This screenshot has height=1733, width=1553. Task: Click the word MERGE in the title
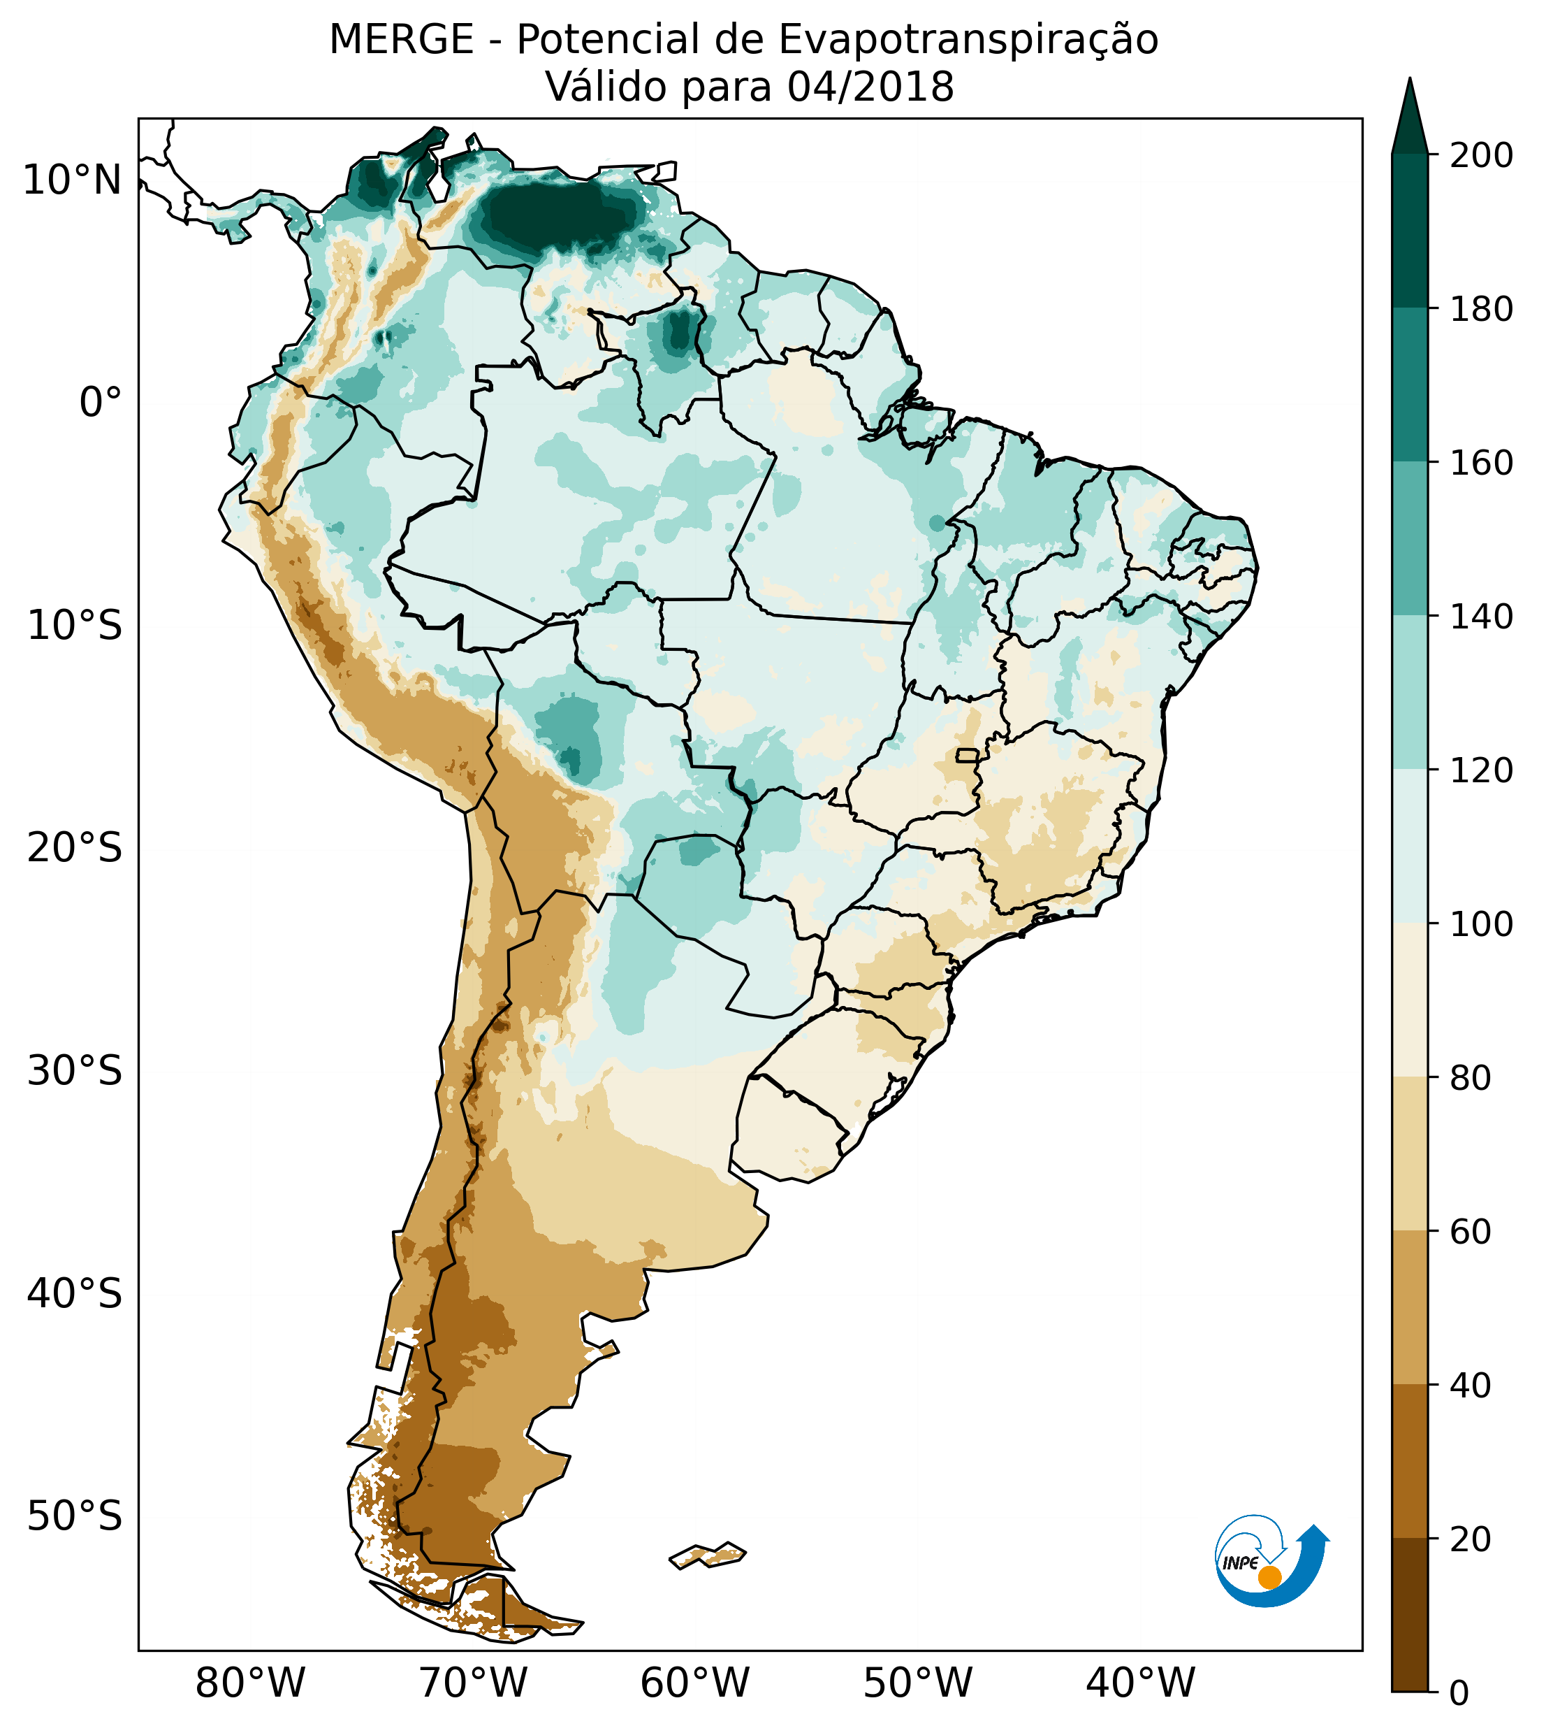point(401,40)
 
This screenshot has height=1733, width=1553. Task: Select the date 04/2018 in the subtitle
point(870,87)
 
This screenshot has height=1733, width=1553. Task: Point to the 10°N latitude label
point(73,181)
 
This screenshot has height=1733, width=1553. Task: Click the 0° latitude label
point(101,403)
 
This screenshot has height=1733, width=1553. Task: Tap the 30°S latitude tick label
point(75,1072)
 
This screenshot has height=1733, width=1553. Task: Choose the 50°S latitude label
point(75,1517)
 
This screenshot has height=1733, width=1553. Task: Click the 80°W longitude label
point(250,1684)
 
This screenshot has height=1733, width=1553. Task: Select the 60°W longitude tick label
point(695,1684)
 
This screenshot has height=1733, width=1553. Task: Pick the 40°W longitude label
point(1141,1684)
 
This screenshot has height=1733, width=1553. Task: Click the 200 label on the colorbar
point(1481,156)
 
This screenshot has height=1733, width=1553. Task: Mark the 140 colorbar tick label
point(1481,617)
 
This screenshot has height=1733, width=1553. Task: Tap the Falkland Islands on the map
point(708,1555)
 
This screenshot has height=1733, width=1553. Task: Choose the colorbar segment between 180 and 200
point(1410,231)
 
